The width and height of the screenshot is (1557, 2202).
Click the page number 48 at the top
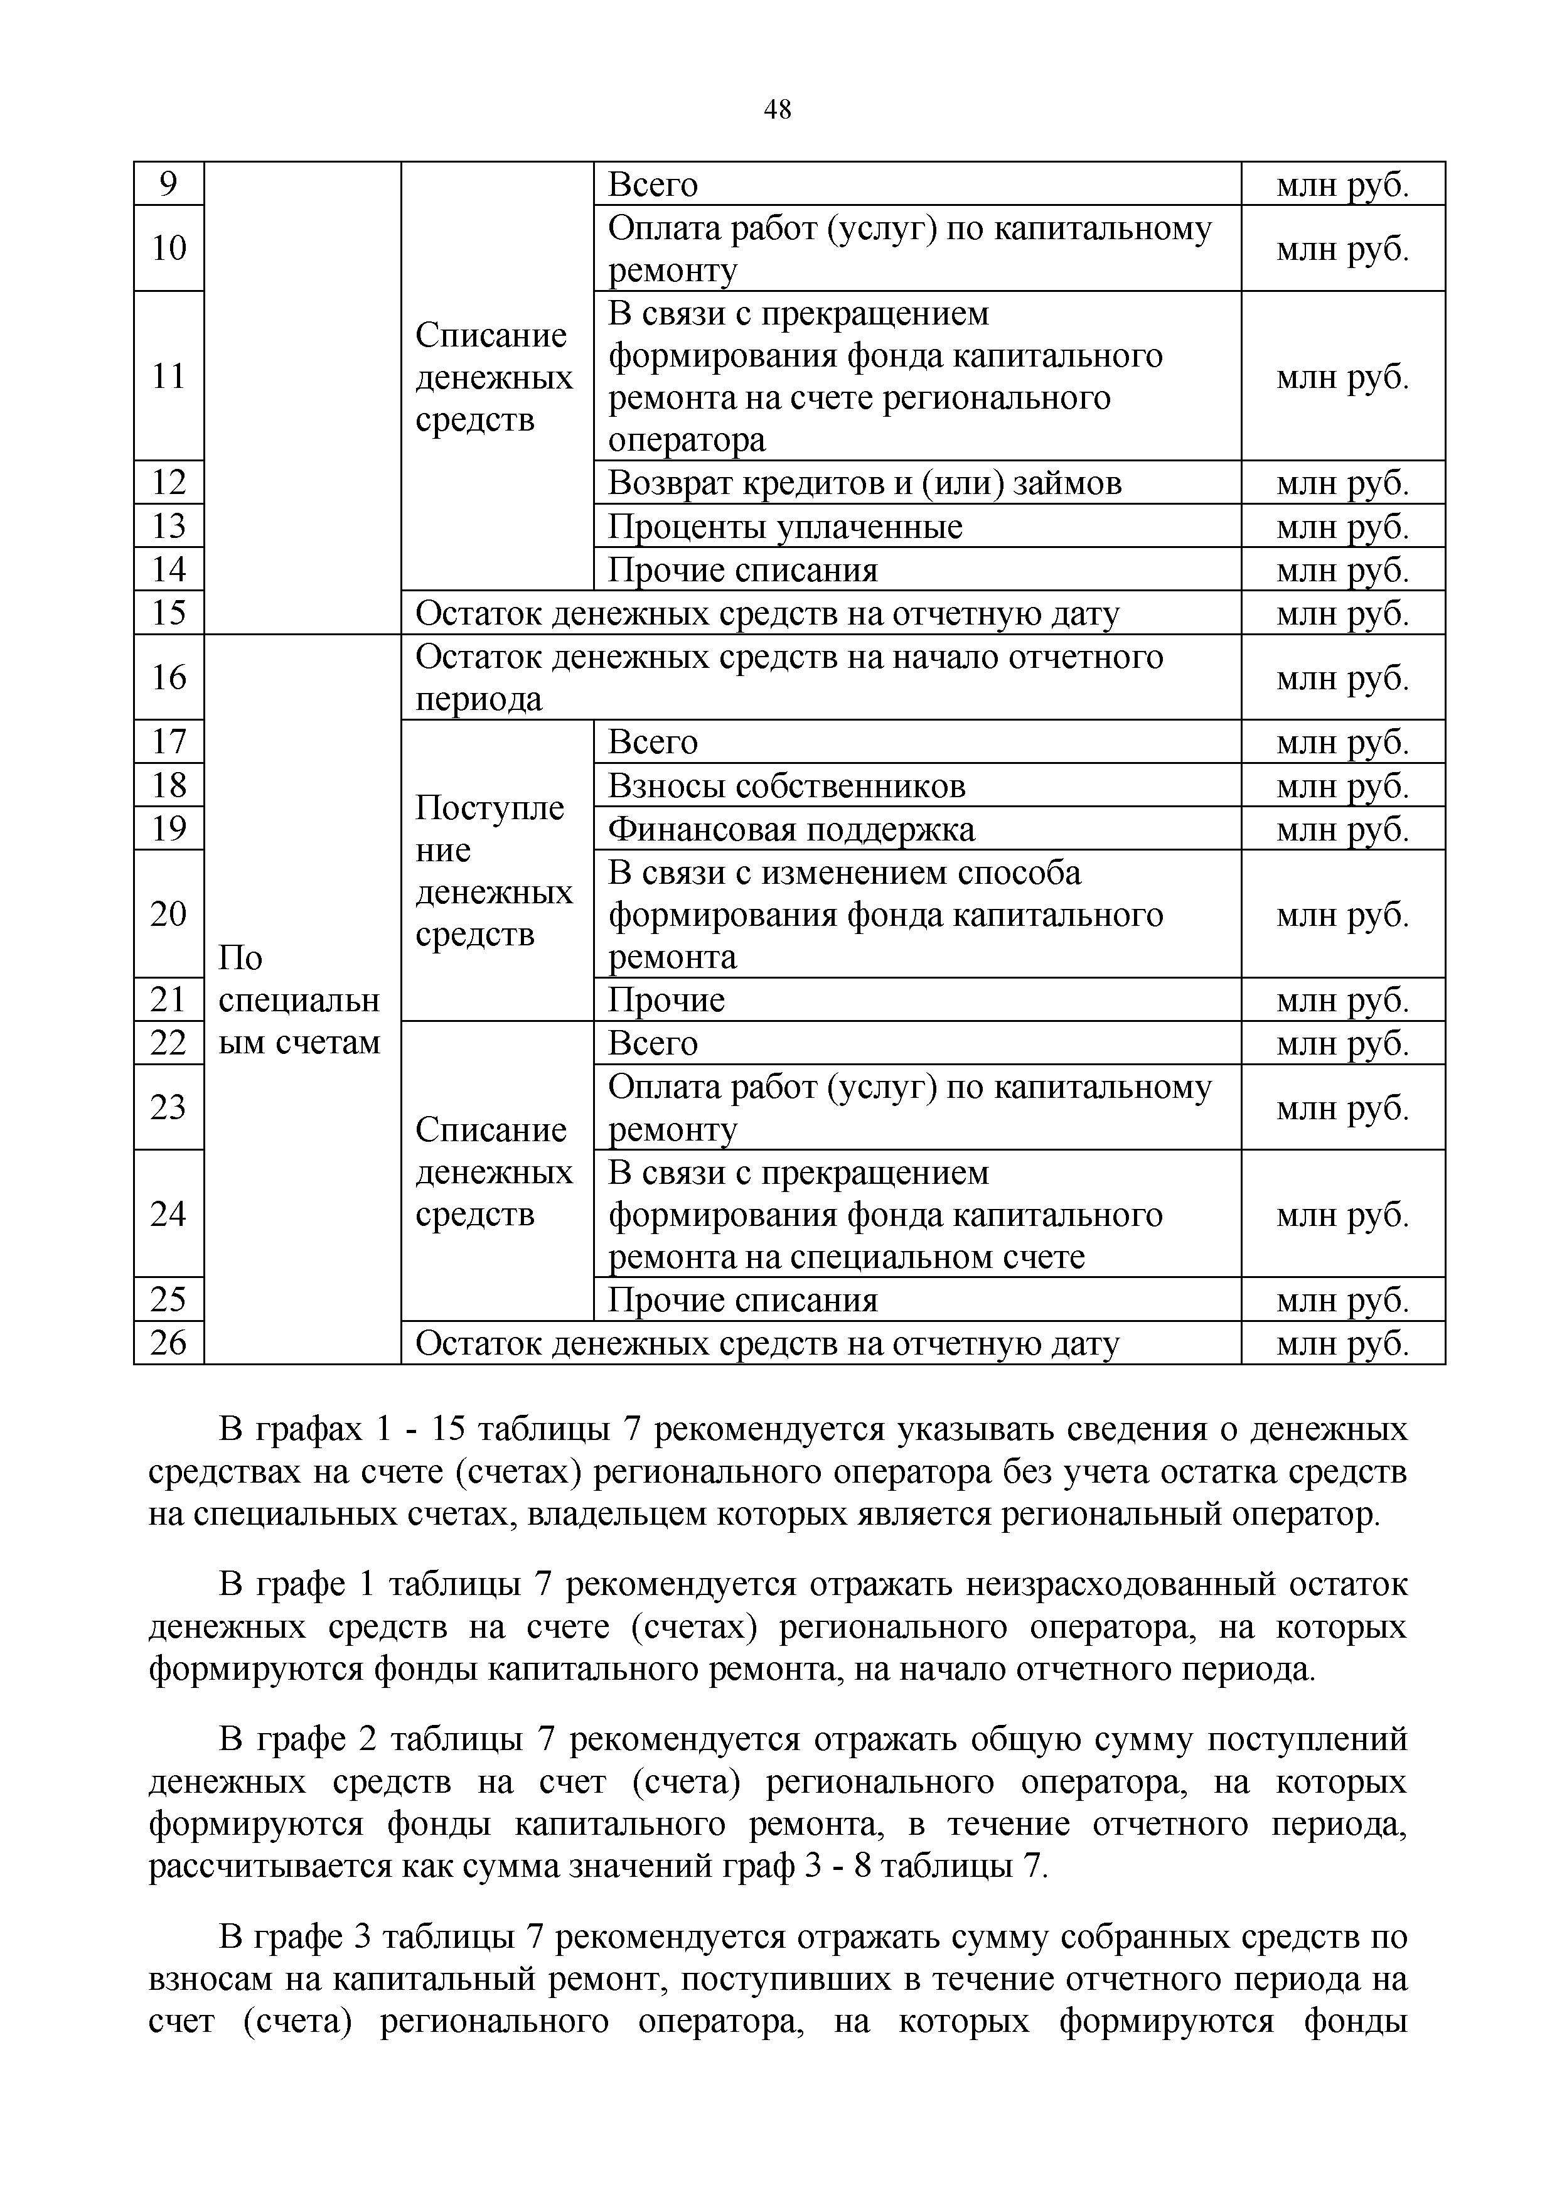click(x=778, y=110)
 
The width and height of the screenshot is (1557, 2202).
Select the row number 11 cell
click(x=169, y=376)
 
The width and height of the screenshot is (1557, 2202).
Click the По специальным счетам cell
click(x=301, y=999)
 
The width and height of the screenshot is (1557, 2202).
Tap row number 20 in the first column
click(x=169, y=914)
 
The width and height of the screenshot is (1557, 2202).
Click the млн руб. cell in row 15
click(x=1342, y=613)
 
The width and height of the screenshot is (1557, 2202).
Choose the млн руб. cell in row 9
click(x=1342, y=184)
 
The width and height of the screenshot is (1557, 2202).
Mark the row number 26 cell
click(x=169, y=1343)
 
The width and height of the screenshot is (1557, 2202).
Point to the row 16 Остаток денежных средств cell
click(x=820, y=677)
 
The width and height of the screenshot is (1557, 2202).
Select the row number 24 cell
click(x=169, y=1214)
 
